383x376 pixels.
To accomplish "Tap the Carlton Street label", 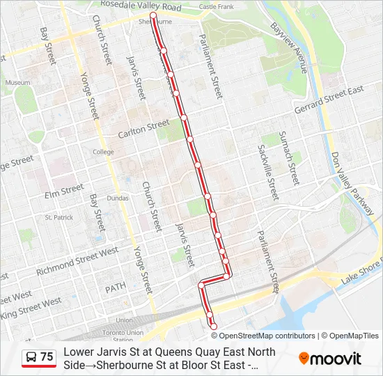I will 143,128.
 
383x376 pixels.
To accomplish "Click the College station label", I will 103,152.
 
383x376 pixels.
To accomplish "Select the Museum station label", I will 17,82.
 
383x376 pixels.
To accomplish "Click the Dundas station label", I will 117,198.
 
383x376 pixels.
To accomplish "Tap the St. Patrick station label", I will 59,217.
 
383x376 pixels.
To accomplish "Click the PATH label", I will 114,288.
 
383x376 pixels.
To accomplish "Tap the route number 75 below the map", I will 47,357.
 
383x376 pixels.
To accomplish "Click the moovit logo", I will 330,359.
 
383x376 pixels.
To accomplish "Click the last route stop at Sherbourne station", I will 153,15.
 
